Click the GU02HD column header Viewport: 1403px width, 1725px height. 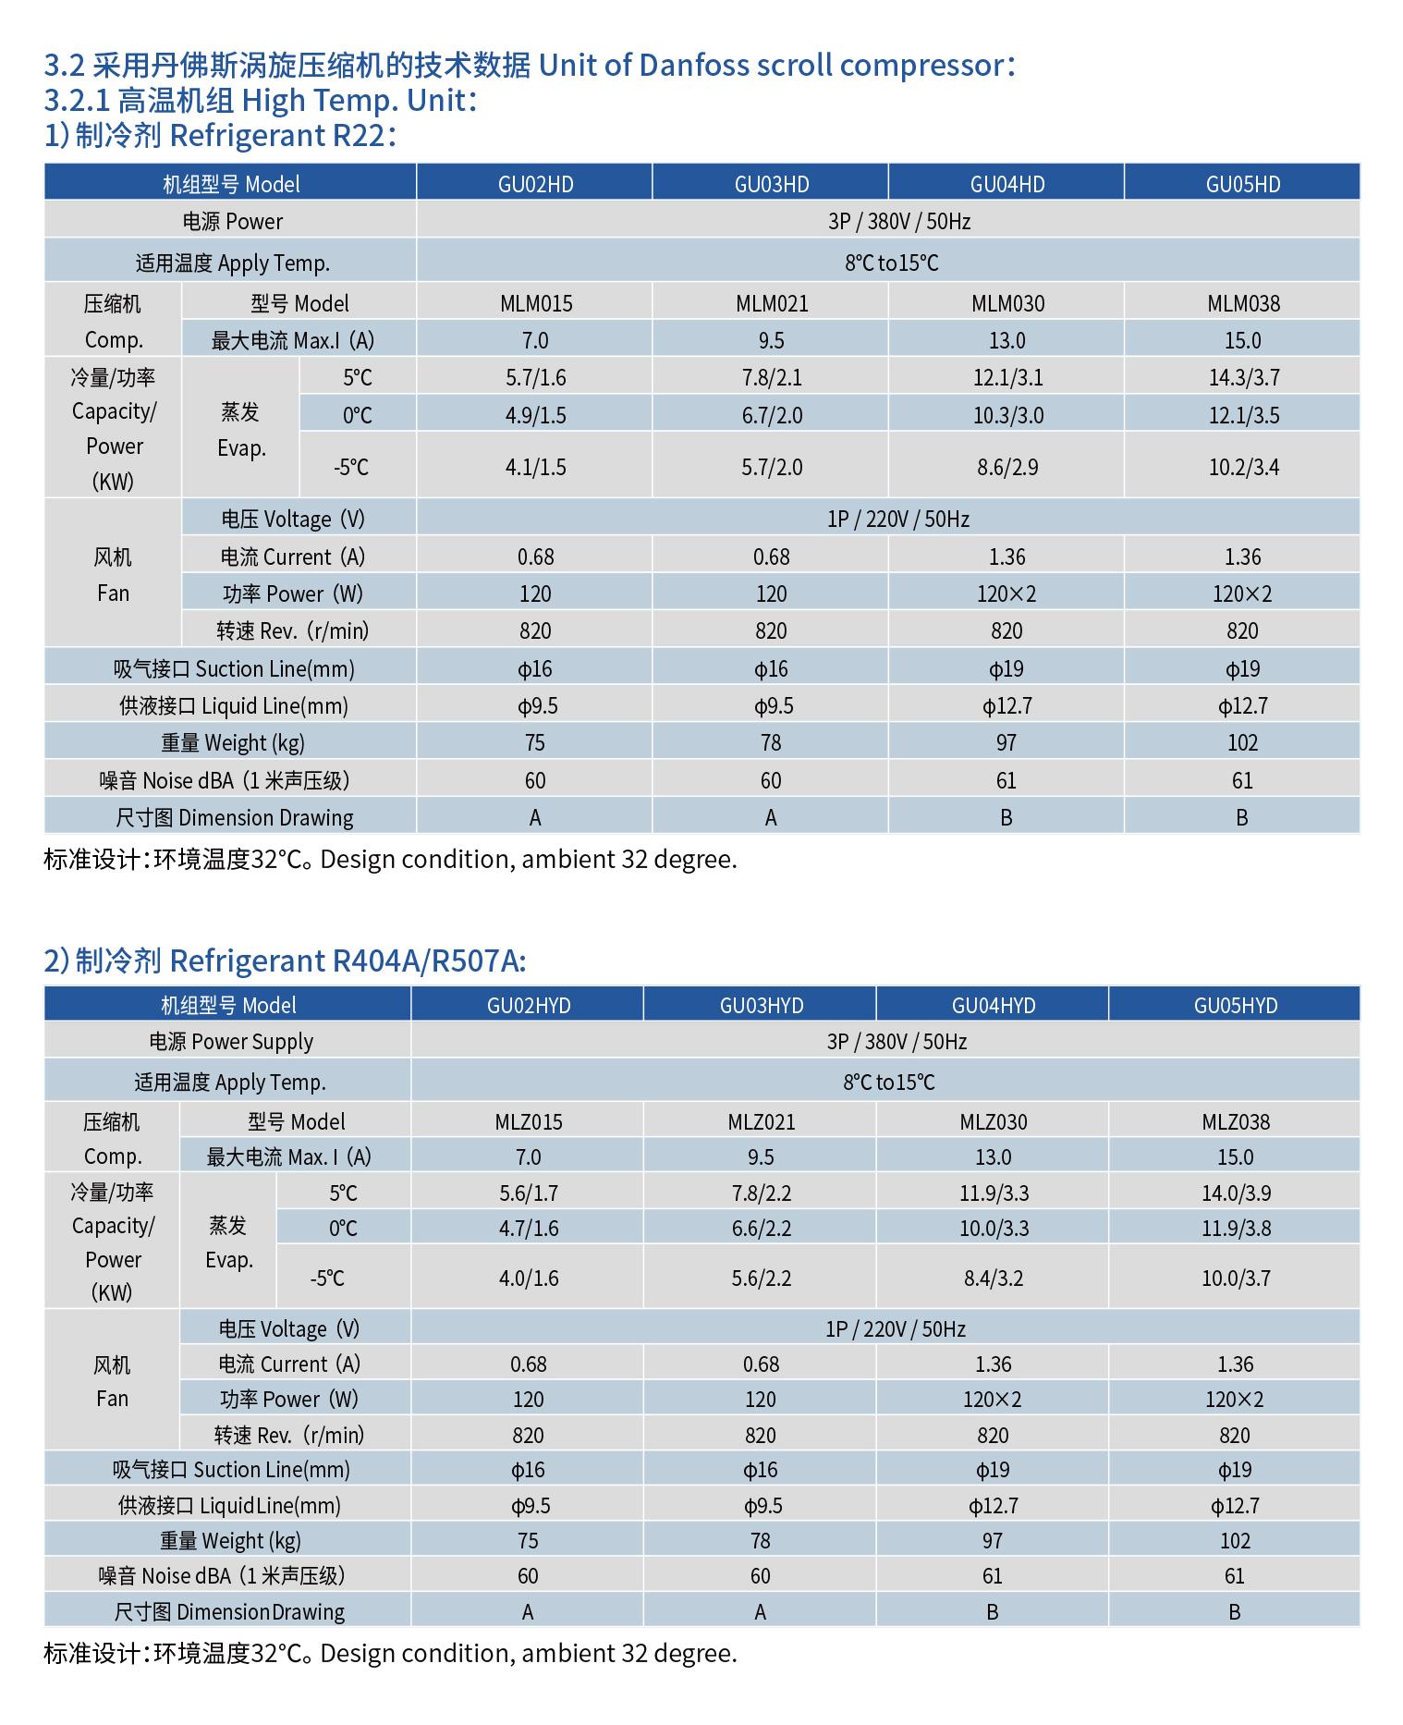coord(535,184)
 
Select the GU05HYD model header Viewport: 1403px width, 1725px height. coord(1235,1005)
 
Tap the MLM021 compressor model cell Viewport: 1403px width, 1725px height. coord(771,303)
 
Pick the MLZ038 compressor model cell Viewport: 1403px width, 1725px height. coord(1235,1121)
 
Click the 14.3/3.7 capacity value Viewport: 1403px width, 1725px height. coord(1243,377)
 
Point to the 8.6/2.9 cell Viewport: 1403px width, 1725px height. coord(1006,467)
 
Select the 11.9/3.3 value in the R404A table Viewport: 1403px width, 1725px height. coord(993,1193)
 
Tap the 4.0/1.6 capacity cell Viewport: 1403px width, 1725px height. coord(528,1278)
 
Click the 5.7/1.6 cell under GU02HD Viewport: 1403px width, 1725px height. coord(535,377)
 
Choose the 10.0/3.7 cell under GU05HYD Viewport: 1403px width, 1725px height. coord(1235,1278)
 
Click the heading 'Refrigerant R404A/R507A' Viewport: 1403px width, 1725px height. coord(348,961)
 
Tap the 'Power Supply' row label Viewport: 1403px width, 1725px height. coord(231,1042)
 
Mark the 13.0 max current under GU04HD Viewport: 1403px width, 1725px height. coord(1006,340)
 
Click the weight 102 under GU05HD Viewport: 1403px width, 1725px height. coord(1242,742)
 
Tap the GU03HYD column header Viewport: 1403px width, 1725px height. coord(761,1005)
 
